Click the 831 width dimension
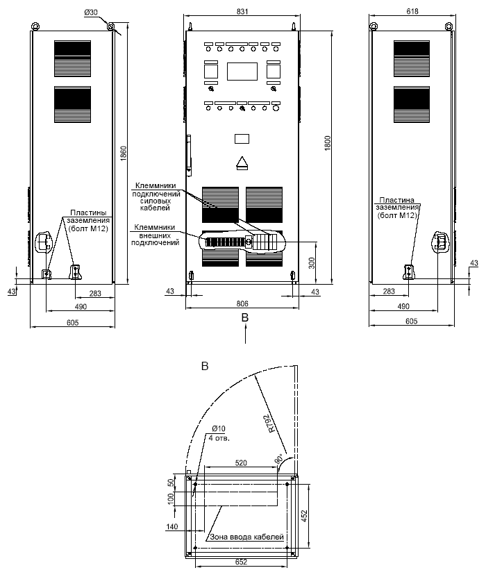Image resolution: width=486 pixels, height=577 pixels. [242, 11]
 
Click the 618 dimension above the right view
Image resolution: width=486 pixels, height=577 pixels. [412, 11]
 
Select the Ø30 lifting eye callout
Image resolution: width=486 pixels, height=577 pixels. [91, 12]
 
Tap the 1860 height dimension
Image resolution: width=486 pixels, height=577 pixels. [124, 153]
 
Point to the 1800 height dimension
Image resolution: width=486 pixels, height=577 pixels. [328, 143]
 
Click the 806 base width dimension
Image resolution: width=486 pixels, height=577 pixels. [242, 303]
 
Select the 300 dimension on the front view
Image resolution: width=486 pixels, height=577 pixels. [312, 263]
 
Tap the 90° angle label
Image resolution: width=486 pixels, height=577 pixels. [280, 459]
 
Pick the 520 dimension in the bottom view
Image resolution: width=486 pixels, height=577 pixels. [241, 463]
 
